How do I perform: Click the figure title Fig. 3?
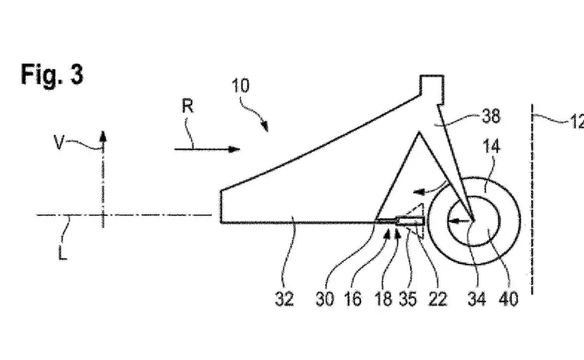click(52, 73)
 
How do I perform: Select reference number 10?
click(240, 86)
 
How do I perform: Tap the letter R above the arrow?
click(187, 107)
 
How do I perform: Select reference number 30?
click(324, 299)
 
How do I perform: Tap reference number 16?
click(352, 299)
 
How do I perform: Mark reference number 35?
click(409, 299)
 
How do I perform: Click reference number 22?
click(437, 299)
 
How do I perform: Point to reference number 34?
click(478, 299)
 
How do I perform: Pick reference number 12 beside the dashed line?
click(575, 122)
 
